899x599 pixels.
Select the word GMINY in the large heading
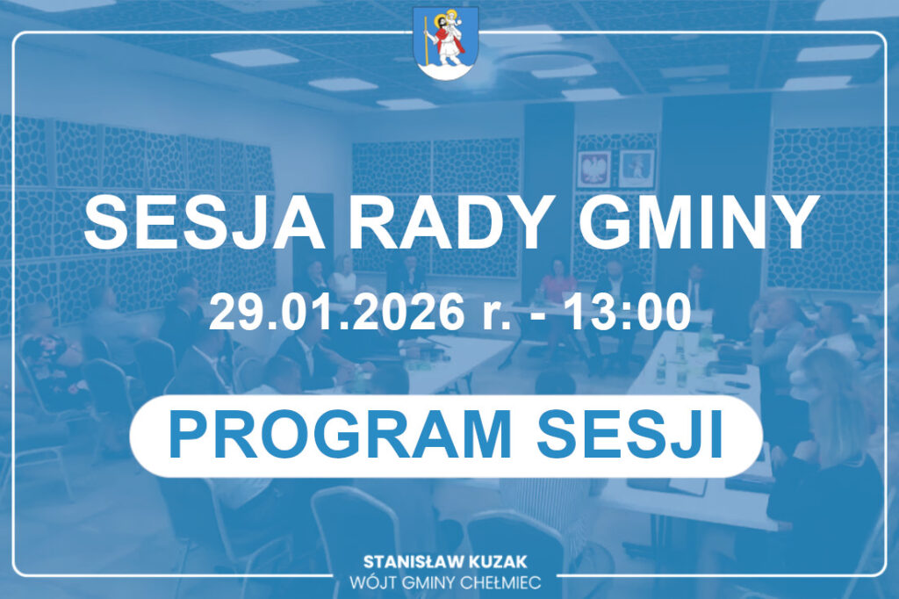(x=698, y=222)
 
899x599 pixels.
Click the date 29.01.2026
(x=336, y=312)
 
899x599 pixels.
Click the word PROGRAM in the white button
(x=340, y=436)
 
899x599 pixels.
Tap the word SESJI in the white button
(x=629, y=436)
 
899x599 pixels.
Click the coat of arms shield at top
(x=446, y=43)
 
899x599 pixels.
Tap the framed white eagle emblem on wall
(x=593, y=170)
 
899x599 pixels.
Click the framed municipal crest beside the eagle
(x=636, y=169)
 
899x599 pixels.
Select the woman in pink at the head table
(x=557, y=281)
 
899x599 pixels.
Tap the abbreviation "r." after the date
(x=497, y=316)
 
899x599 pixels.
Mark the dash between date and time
(x=538, y=317)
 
